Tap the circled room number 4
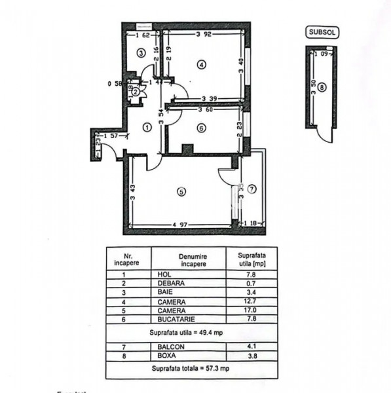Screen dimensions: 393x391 [x=202, y=64]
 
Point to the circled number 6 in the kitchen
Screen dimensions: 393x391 [x=202, y=128]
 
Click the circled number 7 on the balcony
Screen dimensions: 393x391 [x=253, y=189]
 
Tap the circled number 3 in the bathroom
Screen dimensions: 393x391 [x=140, y=52]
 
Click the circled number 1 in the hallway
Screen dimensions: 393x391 [x=147, y=128]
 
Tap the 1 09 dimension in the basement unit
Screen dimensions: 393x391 [x=323, y=54]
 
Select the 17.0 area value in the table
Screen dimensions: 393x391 [x=251, y=310]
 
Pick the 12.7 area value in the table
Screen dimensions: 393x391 [x=251, y=301]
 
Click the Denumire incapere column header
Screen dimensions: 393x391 [x=189, y=260]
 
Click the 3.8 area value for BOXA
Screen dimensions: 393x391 [x=251, y=356]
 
